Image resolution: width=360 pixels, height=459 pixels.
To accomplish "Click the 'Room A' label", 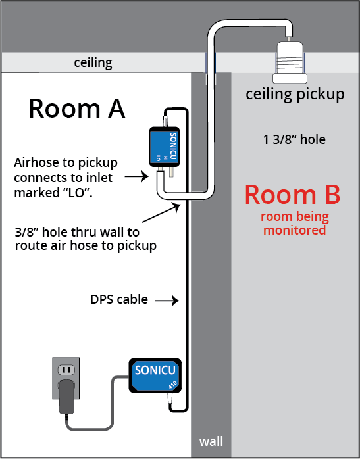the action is pyautogui.click(x=77, y=109).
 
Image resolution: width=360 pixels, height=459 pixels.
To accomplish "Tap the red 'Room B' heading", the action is pyautogui.click(x=292, y=195).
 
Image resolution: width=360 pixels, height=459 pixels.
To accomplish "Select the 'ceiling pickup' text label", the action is pyautogui.click(x=295, y=95).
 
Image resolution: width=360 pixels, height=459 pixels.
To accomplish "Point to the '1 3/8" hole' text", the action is pyautogui.click(x=294, y=139).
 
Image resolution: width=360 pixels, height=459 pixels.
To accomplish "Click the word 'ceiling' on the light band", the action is pyautogui.click(x=93, y=63).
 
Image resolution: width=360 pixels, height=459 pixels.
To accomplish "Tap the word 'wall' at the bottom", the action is pyautogui.click(x=211, y=441).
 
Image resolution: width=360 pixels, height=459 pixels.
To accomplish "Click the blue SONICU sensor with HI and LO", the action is pyautogui.click(x=165, y=147).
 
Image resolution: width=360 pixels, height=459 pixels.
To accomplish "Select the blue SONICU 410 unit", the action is pyautogui.click(x=155, y=375).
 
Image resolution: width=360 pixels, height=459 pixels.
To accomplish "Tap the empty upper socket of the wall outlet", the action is pyautogui.click(x=66, y=370).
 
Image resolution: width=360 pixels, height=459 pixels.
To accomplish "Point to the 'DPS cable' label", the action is pyautogui.click(x=119, y=299).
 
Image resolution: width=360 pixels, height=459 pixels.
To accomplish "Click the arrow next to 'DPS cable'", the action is pyautogui.click(x=167, y=301).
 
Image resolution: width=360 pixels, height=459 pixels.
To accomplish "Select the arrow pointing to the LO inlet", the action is pyautogui.click(x=136, y=176).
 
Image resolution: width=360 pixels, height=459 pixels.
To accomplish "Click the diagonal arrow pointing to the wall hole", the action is pyautogui.click(x=161, y=213).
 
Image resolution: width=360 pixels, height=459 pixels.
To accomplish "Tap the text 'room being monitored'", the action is pyautogui.click(x=295, y=224).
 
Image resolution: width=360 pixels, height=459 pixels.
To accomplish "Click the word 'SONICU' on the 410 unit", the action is pyautogui.click(x=155, y=370).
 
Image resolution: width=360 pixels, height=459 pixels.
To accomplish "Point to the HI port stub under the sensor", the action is pyautogui.click(x=171, y=172).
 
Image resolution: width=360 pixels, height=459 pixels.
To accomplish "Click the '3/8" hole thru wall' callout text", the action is pyautogui.click(x=86, y=239).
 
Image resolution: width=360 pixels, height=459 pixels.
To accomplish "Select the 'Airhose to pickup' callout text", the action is pyautogui.click(x=66, y=178).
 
